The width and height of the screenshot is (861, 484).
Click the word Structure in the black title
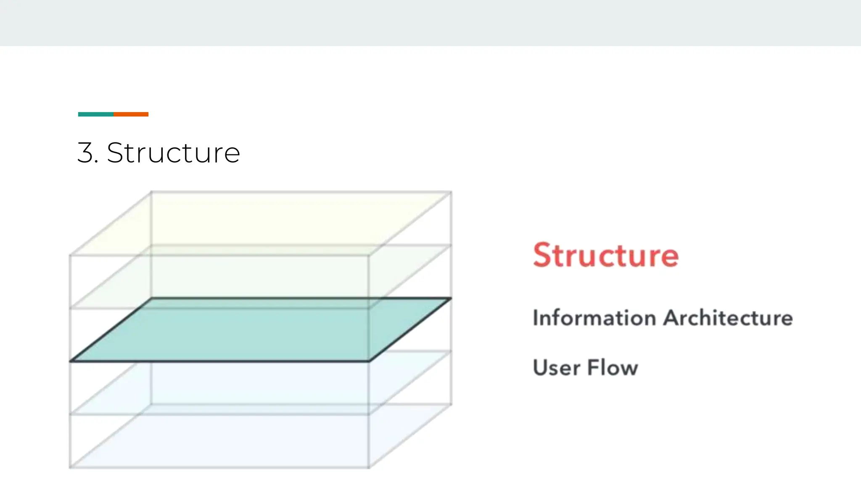pyautogui.click(x=173, y=153)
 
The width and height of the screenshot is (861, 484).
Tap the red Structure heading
pyautogui.click(x=605, y=255)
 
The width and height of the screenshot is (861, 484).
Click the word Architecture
pyautogui.click(x=728, y=318)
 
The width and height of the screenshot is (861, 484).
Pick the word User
pyautogui.click(x=556, y=368)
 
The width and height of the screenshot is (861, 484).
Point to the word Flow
pyautogui.click(x=613, y=368)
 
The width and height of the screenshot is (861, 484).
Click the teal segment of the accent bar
pyautogui.click(x=96, y=114)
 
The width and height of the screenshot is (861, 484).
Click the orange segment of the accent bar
pyautogui.click(x=131, y=114)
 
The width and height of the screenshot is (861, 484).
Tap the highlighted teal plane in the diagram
pyautogui.click(x=261, y=330)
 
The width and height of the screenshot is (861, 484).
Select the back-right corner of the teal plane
pyautogui.click(x=451, y=298)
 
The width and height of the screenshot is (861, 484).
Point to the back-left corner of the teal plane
pyautogui.click(x=152, y=298)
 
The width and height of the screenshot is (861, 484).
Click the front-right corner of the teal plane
pyautogui.click(x=369, y=361)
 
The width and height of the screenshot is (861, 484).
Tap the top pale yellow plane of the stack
pyautogui.click(x=261, y=223)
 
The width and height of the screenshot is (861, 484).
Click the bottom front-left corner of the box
pyautogui.click(x=70, y=467)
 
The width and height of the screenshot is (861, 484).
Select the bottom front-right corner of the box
pyautogui.click(x=369, y=467)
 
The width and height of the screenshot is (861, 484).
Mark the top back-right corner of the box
pyautogui.click(x=451, y=192)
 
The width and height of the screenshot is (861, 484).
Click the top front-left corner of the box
pyautogui.click(x=70, y=255)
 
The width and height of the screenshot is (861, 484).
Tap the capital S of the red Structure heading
pyautogui.click(x=542, y=255)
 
